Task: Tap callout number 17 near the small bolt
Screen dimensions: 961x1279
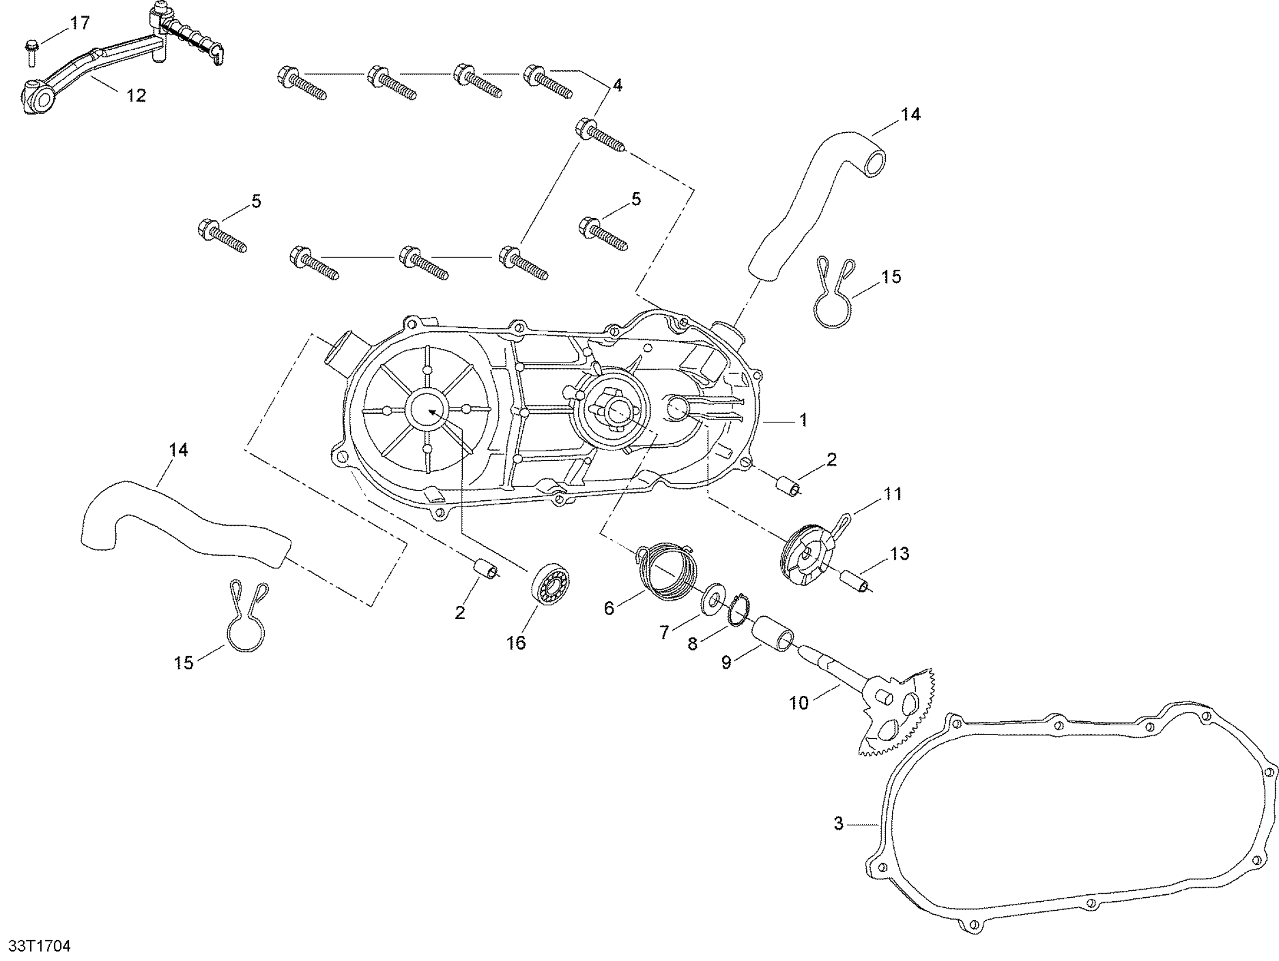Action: pyautogui.click(x=80, y=23)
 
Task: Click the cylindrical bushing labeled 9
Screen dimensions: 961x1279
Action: pyautogui.click(x=772, y=634)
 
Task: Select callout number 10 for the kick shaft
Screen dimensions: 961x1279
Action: pyautogui.click(x=799, y=703)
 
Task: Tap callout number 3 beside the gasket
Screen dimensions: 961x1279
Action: pyautogui.click(x=838, y=824)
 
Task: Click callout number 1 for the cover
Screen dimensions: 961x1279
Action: pyautogui.click(x=803, y=420)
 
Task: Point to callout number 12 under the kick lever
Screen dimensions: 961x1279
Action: pyautogui.click(x=136, y=96)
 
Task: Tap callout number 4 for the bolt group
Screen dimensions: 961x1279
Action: pyautogui.click(x=617, y=85)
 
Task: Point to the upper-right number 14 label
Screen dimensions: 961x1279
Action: pyautogui.click(x=910, y=114)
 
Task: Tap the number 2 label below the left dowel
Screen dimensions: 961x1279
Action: pyautogui.click(x=460, y=613)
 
